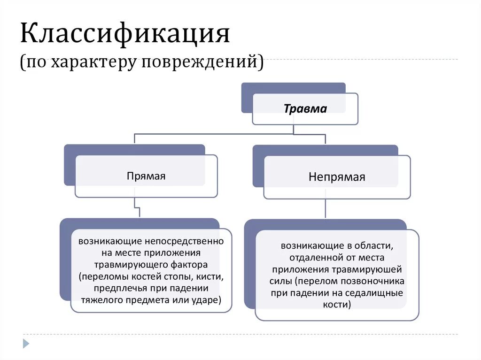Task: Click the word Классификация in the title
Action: coord(124,34)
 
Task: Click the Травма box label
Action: coord(305,109)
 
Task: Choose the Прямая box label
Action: coord(146,176)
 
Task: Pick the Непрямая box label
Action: coord(337,177)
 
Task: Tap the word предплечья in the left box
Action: coord(117,288)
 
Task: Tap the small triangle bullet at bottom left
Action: coord(26,344)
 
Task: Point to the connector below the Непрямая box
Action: coord(325,208)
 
